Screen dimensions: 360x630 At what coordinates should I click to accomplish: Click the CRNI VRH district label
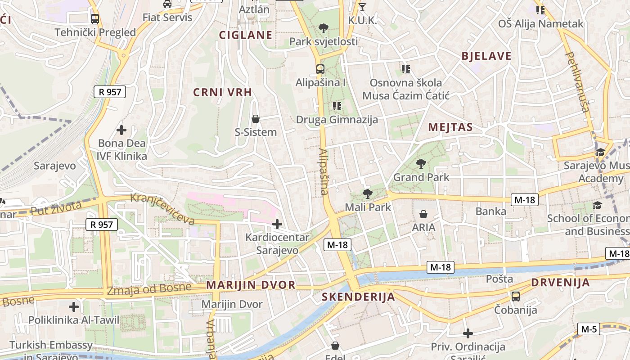click(222, 92)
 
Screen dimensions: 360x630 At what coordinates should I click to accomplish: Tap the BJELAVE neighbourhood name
click(486, 56)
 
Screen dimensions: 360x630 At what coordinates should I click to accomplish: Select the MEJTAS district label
click(450, 127)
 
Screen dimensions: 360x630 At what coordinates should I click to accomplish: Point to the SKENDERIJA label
click(358, 297)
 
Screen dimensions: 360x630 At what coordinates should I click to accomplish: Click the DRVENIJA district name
click(560, 283)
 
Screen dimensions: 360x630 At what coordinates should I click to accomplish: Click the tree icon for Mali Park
click(368, 194)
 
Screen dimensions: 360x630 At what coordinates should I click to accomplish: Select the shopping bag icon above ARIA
click(423, 214)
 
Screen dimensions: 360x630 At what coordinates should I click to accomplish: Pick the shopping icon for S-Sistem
click(256, 119)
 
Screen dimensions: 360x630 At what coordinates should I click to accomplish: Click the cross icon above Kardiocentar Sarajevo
click(277, 224)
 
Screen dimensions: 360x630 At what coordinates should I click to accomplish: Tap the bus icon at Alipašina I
click(320, 69)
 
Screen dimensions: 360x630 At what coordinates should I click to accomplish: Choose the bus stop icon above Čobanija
click(516, 297)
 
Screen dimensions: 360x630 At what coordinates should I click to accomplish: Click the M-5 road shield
click(589, 329)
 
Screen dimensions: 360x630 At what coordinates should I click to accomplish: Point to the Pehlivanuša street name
click(577, 81)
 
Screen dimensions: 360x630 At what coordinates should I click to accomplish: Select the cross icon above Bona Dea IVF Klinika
click(121, 130)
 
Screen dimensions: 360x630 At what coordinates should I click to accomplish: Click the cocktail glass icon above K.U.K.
click(362, 7)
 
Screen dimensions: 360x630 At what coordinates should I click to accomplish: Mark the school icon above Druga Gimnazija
click(337, 106)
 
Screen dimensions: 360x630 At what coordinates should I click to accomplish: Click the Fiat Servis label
click(167, 18)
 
